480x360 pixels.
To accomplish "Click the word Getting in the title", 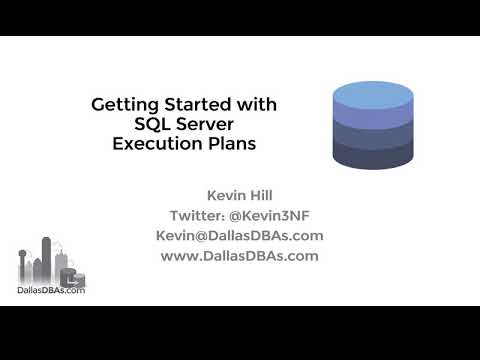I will coord(121,104).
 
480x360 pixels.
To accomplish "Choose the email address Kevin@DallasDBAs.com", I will coord(239,236).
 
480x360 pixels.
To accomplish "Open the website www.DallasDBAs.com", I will coord(239,255).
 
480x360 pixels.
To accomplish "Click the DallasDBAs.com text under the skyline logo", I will coord(52,291).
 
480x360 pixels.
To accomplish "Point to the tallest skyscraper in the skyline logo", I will coord(46,259).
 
